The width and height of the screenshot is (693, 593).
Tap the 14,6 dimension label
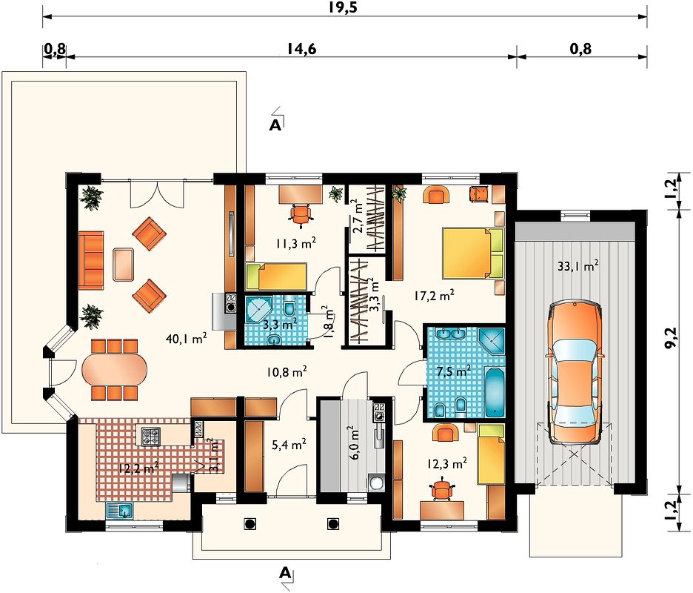[x=302, y=49]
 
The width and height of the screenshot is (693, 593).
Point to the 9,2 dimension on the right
[x=671, y=338]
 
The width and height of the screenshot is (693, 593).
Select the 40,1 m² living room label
[x=187, y=339]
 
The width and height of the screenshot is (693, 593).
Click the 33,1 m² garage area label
[x=578, y=266]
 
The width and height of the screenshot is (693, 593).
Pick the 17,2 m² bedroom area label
[x=434, y=295]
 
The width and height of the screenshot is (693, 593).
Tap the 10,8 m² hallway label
[x=287, y=372]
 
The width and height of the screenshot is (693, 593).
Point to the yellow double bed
[x=473, y=253]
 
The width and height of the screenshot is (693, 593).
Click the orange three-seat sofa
[x=91, y=260]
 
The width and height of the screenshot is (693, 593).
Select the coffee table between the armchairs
[x=124, y=264]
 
